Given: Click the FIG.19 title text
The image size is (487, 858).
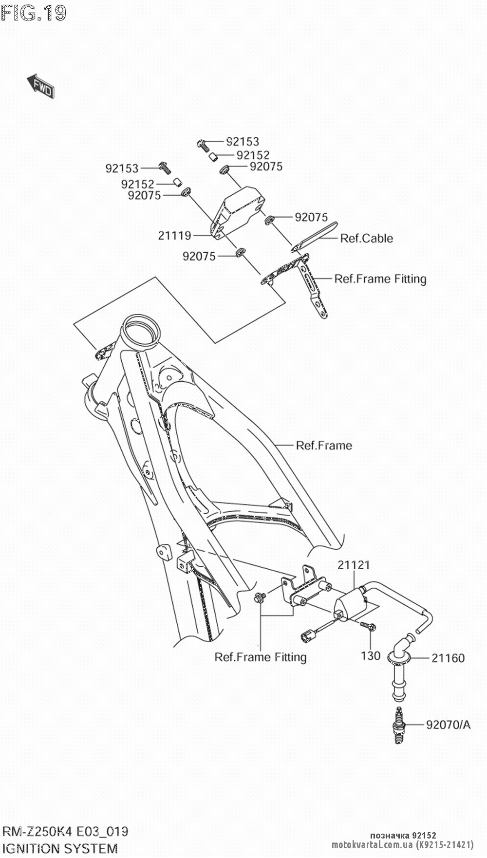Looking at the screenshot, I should (x=33, y=13).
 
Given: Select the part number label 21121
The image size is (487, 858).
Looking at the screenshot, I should (x=354, y=565).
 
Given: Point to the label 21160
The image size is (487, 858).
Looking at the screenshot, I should (x=448, y=658).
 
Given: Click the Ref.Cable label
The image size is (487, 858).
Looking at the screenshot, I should (x=366, y=238).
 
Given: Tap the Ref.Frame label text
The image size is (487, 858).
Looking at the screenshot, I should (x=324, y=445).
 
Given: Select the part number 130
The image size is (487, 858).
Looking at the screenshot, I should (x=371, y=655).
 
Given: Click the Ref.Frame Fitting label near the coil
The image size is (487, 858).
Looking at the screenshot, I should (x=261, y=657).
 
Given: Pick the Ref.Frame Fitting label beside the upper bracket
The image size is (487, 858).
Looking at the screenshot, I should (x=380, y=279).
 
